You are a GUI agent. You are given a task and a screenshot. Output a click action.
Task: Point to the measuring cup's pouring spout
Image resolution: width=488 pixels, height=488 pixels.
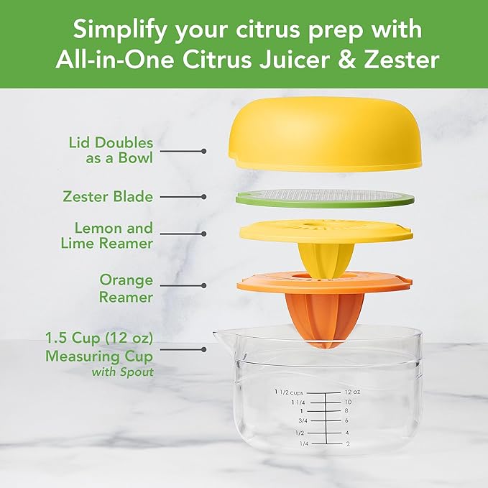click(x=221, y=337)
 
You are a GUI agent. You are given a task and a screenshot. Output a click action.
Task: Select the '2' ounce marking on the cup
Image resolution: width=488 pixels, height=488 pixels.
click(x=347, y=444)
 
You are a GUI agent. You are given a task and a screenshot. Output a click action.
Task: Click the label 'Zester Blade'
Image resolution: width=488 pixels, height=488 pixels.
click(x=118, y=195)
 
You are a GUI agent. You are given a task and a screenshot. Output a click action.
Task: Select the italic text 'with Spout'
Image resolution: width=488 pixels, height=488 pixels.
click(x=122, y=372)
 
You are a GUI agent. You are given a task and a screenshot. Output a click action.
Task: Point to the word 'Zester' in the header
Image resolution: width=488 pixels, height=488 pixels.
click(x=399, y=59)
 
